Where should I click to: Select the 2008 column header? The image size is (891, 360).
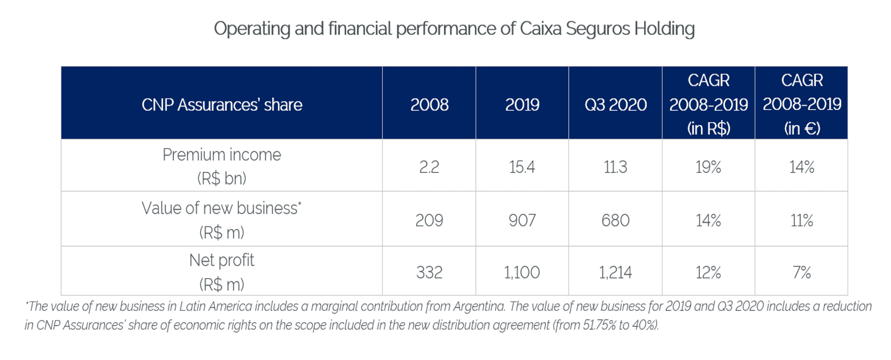pos(429,105)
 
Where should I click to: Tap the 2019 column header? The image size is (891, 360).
pos(522,105)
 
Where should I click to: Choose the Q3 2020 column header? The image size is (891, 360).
pos(615,105)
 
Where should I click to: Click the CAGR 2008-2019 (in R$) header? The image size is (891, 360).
pos(708,104)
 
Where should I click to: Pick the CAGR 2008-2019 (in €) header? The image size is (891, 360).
pos(802,104)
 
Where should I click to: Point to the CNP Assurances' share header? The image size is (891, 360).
pos(222,105)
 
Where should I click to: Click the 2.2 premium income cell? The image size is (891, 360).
pos(429,167)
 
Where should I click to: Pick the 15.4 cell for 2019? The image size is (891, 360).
pos(522,167)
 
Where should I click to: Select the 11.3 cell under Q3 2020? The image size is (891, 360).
pos(615,167)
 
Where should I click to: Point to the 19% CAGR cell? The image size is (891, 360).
pos(708,167)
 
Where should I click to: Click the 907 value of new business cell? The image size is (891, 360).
pos(522,220)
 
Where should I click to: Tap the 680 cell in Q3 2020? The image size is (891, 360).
pos(615,220)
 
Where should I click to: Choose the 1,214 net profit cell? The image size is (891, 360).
pos(615,273)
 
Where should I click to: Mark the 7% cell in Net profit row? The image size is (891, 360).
pos(802,273)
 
